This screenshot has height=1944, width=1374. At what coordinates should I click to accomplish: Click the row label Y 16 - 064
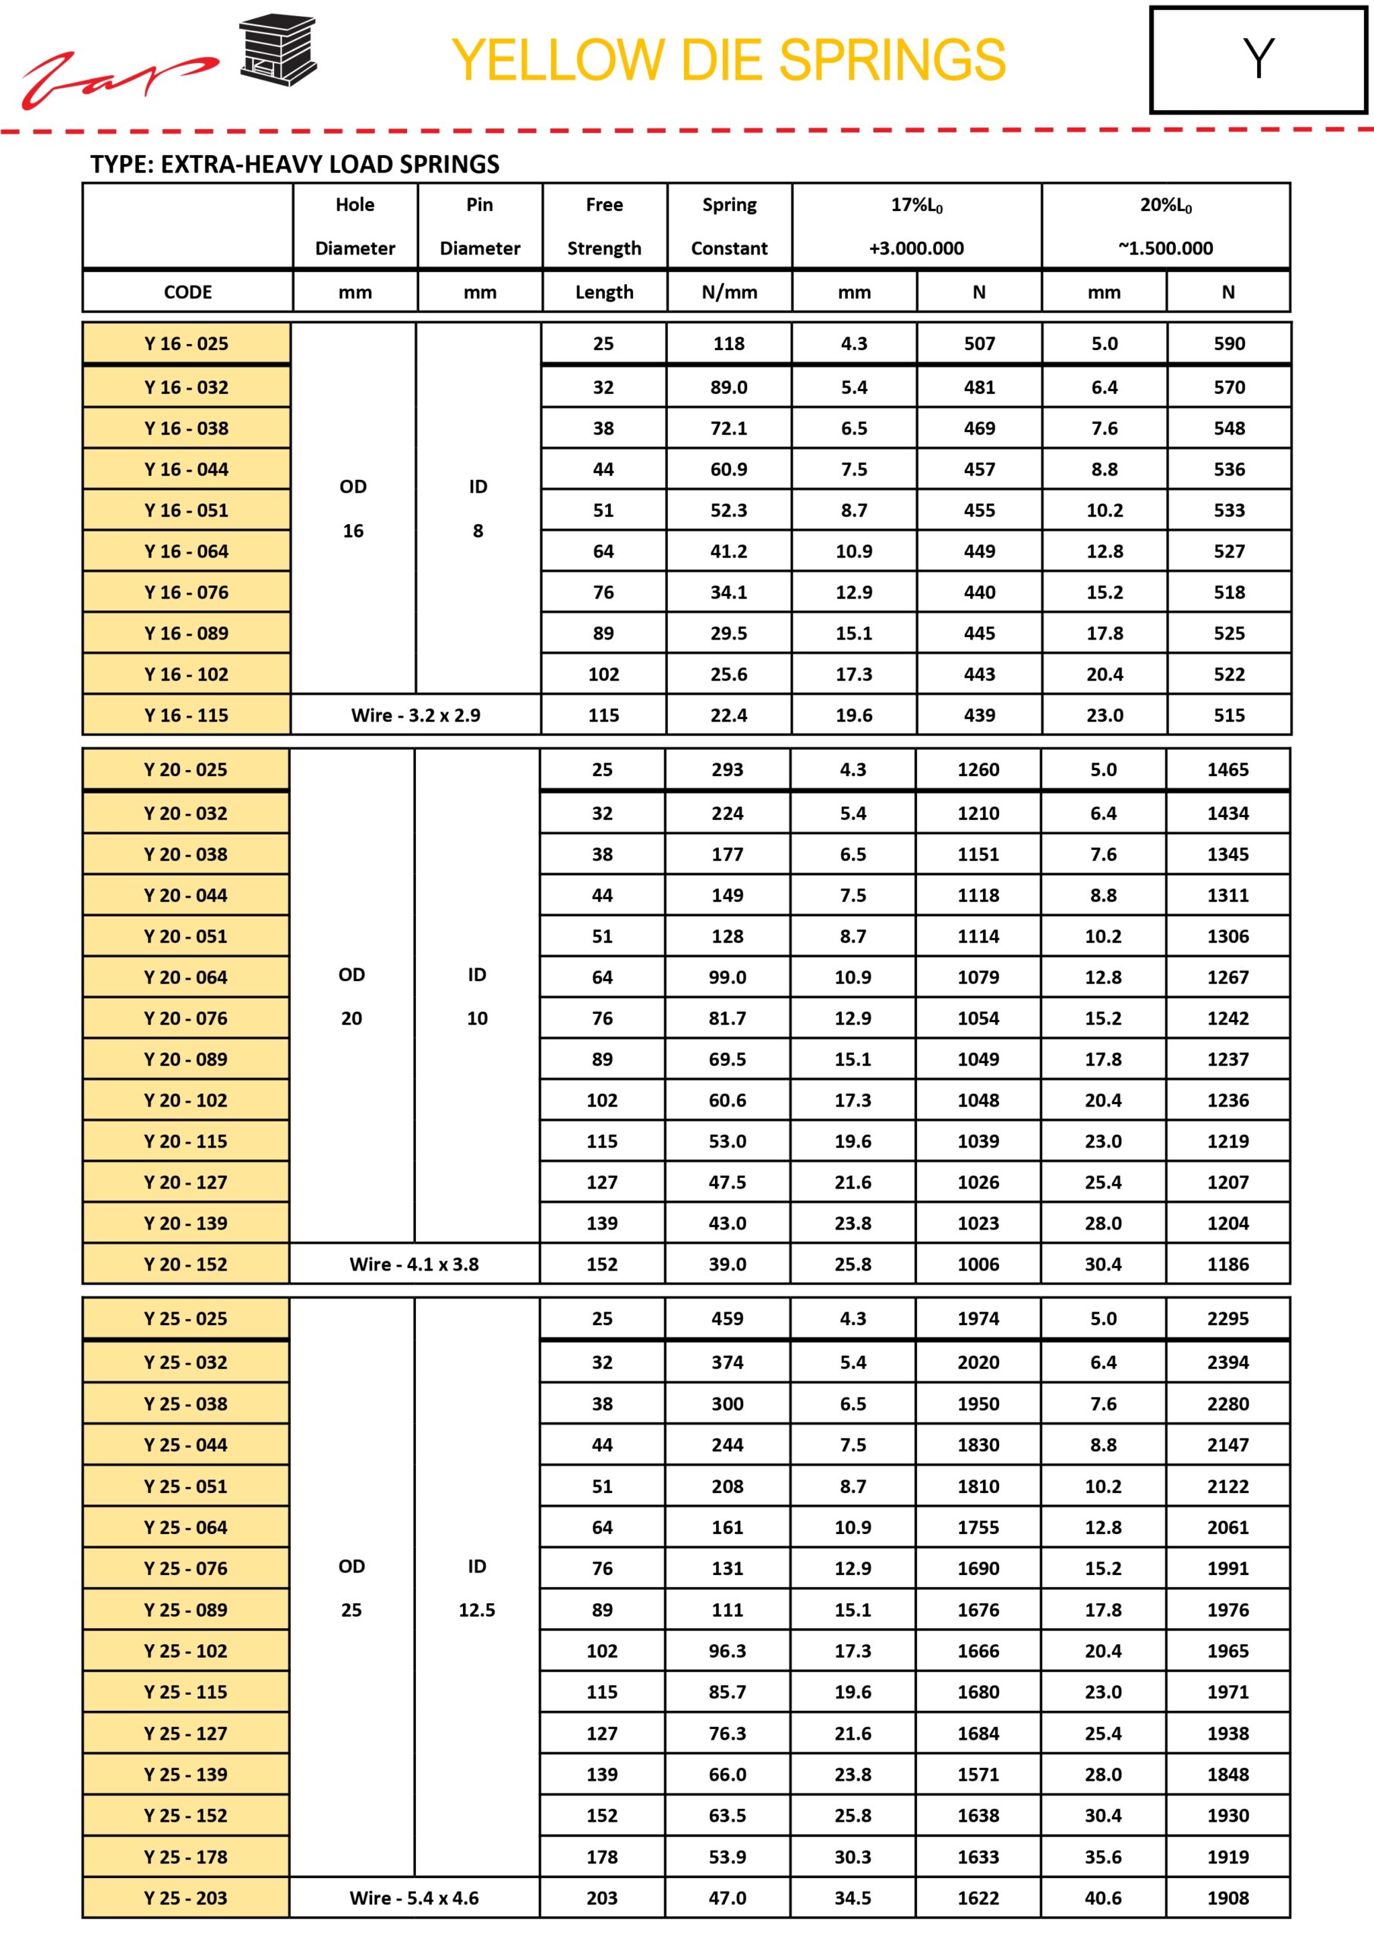pyautogui.click(x=186, y=551)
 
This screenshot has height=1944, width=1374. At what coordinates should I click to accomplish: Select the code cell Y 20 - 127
pyautogui.click(x=185, y=1182)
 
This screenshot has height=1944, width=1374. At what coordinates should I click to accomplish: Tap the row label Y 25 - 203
pyautogui.click(x=185, y=1898)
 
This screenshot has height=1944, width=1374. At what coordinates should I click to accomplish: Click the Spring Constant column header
pyautogui.click(x=729, y=226)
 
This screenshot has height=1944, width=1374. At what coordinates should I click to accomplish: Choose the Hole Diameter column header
pyautogui.click(x=355, y=226)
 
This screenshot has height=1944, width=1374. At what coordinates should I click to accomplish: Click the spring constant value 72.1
pyautogui.click(x=728, y=428)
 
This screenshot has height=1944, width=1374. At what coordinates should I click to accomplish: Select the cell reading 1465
pyautogui.click(x=1227, y=770)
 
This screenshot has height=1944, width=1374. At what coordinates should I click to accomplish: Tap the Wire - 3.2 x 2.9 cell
pyautogui.click(x=416, y=715)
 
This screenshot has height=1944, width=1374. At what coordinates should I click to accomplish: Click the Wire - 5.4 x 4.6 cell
pyautogui.click(x=414, y=1898)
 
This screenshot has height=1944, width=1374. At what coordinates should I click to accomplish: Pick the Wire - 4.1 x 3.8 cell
pyautogui.click(x=414, y=1264)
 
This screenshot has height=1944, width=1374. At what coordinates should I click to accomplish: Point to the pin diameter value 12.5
pyautogui.click(x=477, y=1610)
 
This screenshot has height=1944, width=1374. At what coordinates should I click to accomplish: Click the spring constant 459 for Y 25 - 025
pyautogui.click(x=727, y=1318)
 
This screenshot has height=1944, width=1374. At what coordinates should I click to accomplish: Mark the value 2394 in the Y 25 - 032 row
pyautogui.click(x=1227, y=1362)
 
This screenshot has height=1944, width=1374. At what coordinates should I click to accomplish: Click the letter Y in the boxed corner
pyautogui.click(x=1258, y=59)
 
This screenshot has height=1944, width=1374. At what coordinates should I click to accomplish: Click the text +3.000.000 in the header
pyautogui.click(x=916, y=248)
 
